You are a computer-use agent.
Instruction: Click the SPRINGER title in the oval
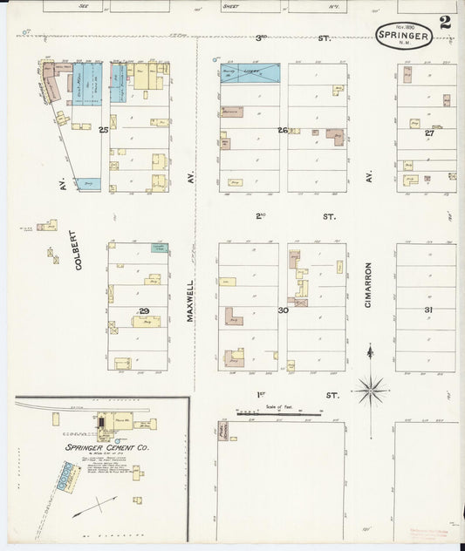click(404, 35)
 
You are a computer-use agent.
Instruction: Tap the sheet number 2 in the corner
click(445, 23)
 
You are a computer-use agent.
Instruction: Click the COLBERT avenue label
click(77, 251)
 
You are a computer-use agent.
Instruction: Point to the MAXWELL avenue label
click(190, 301)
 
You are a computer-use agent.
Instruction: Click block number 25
click(103, 130)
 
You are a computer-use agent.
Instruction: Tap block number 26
click(283, 130)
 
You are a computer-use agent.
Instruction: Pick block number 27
click(429, 133)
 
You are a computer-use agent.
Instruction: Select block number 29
click(145, 311)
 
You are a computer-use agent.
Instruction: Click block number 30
click(283, 311)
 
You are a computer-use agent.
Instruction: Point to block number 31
click(428, 311)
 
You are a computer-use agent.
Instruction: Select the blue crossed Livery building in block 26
click(250, 73)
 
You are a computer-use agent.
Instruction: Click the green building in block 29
click(159, 248)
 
